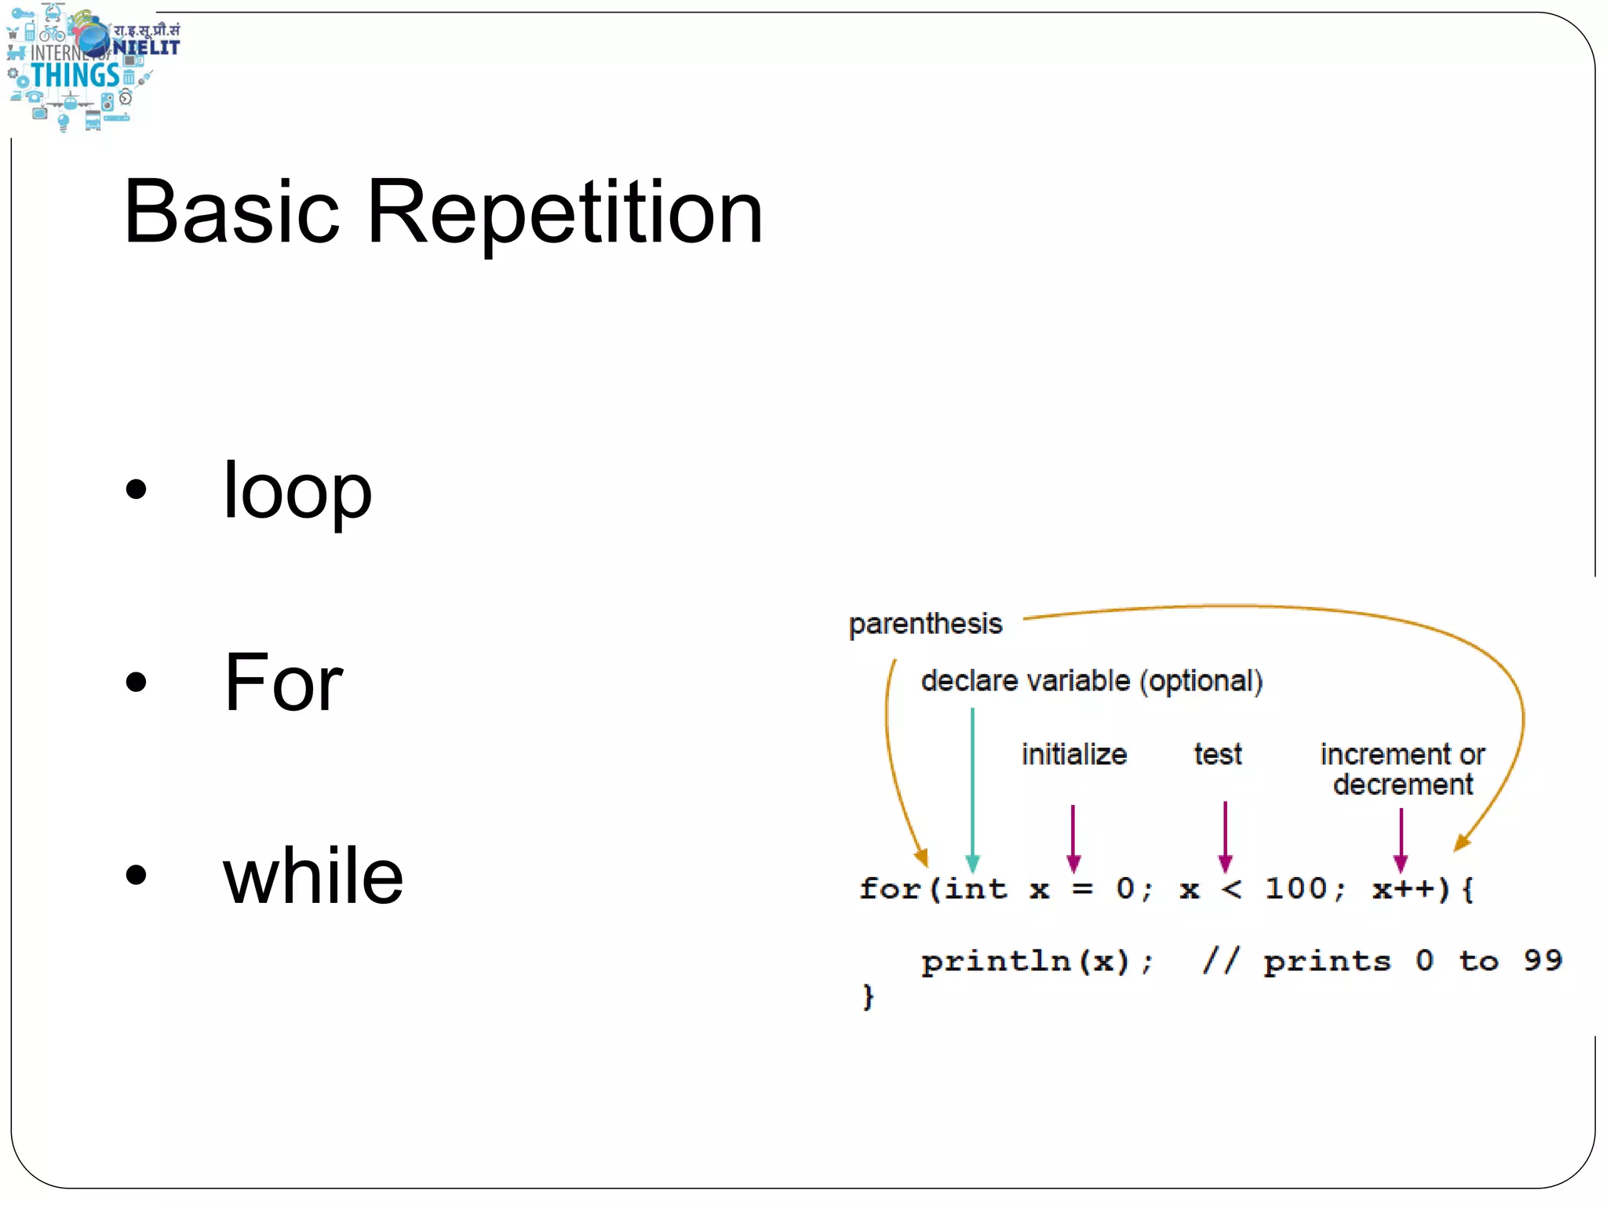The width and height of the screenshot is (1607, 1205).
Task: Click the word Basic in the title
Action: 231,212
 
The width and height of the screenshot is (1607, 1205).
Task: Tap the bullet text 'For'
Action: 283,683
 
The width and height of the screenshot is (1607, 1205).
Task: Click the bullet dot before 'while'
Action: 137,874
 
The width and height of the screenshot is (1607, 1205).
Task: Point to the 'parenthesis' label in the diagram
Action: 925,624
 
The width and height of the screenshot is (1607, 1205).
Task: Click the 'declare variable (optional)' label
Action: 1091,681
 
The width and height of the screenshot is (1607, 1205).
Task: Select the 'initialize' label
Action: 1074,755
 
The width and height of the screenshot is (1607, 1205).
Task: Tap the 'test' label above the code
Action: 1218,755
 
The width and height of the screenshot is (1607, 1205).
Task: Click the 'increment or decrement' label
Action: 1402,769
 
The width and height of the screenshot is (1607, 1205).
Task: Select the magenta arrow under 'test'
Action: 1225,836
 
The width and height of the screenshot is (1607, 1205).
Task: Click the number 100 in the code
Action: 1296,889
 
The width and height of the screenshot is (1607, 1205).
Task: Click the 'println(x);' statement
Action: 1037,961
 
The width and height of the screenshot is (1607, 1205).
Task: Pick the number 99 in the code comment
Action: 1542,960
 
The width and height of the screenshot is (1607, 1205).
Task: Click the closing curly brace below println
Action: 868,997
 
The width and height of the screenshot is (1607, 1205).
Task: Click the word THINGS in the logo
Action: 75,76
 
